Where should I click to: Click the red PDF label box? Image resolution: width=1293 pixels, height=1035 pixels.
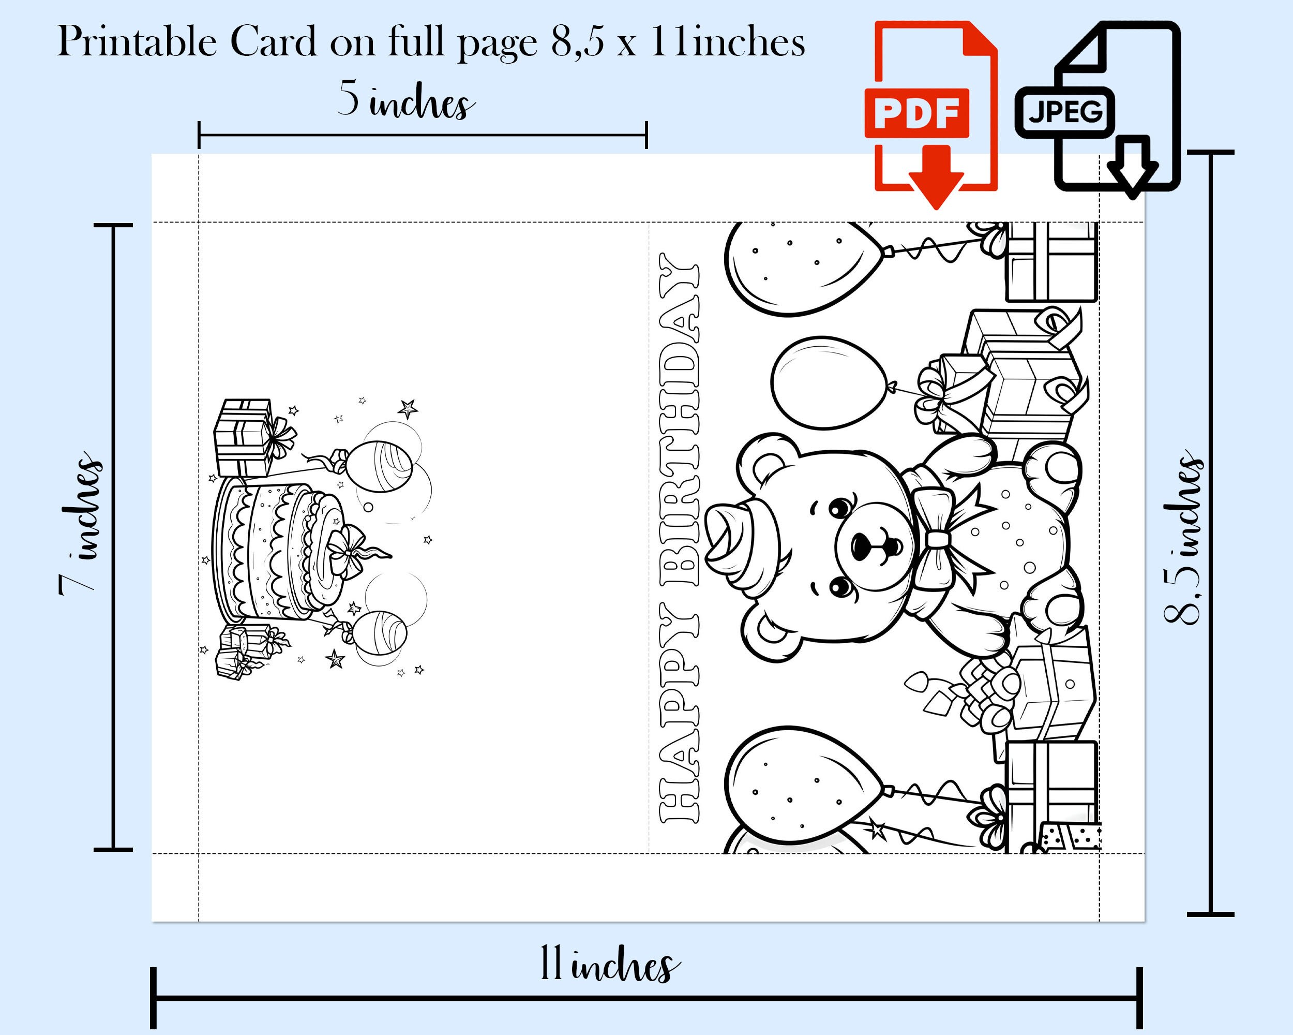(x=916, y=113)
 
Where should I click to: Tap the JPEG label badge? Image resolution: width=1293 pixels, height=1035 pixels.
(x=1064, y=112)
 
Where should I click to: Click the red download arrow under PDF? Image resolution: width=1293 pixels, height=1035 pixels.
(x=936, y=177)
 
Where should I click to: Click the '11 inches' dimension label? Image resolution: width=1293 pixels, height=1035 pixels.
(x=610, y=964)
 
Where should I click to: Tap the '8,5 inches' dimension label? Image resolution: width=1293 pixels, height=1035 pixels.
(x=1183, y=538)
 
